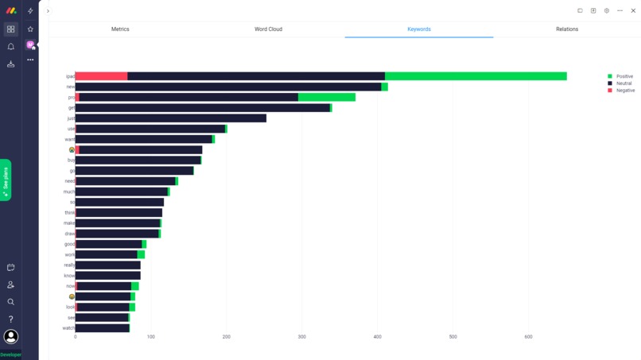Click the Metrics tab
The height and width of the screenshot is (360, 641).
coord(120,29)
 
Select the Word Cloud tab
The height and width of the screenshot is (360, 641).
coord(268,29)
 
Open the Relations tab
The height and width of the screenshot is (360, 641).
coord(567,29)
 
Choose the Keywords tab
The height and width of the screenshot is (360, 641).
coord(419,29)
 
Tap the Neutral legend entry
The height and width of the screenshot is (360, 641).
coord(624,83)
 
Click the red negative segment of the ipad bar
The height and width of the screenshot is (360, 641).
coord(101,76)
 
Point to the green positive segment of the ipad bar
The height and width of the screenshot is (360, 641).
coord(476,76)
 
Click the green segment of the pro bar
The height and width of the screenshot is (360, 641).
coord(327,98)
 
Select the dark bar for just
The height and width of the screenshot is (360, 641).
coord(171,118)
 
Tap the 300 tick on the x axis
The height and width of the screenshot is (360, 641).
coord(302,337)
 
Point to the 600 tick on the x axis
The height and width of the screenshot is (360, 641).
coord(528,337)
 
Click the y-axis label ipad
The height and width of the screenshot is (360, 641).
coord(70,77)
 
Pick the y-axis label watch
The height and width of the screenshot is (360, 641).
coord(68,328)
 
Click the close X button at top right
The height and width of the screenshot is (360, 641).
coord(633,11)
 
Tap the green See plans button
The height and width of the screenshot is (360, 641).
coord(6,180)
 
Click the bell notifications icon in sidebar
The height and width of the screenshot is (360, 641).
coord(11,47)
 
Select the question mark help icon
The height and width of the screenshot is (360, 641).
coord(11,319)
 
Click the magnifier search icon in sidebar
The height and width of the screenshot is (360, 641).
coord(11,302)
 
